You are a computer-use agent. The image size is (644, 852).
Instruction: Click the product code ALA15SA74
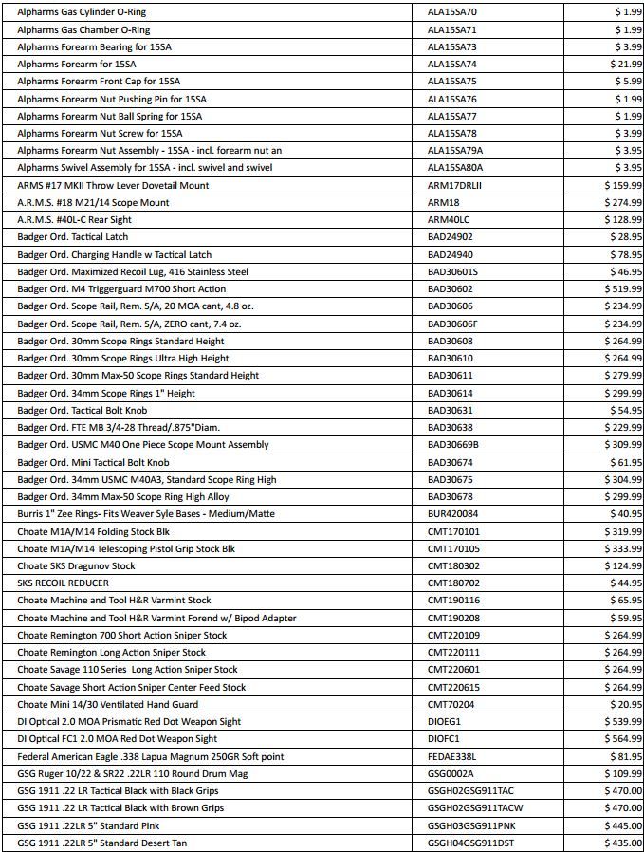click(x=452, y=64)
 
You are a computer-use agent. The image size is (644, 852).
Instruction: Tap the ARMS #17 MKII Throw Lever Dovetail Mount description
click(x=113, y=185)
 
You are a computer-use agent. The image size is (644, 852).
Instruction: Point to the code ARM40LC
click(x=448, y=220)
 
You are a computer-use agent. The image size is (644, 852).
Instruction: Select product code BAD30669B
click(x=453, y=445)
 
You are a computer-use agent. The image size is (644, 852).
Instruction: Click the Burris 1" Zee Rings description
click(x=146, y=514)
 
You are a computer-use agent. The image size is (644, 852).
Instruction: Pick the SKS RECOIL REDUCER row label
click(x=64, y=583)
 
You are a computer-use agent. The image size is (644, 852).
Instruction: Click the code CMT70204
click(x=451, y=705)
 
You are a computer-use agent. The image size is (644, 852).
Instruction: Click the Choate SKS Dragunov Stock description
click(x=76, y=566)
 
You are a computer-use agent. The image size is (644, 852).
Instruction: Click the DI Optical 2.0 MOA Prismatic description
click(x=129, y=722)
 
